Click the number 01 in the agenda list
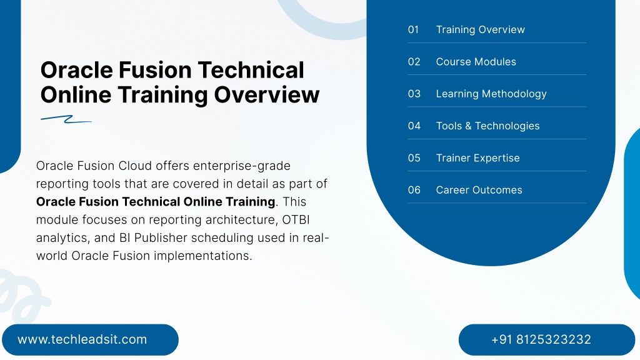pyautogui.click(x=413, y=29)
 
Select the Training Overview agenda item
pyautogui.click(x=481, y=29)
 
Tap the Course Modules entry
pyautogui.click(x=476, y=62)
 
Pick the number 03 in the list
pyautogui.click(x=414, y=94)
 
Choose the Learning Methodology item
pyautogui.click(x=491, y=94)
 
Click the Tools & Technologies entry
pyautogui.click(x=487, y=126)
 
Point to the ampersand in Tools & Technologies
pyautogui.click(x=468, y=126)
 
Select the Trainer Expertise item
pyautogui.click(x=478, y=158)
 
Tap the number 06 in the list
pyautogui.click(x=414, y=190)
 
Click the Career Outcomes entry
pyautogui.click(x=479, y=190)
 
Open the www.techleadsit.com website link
pyautogui.click(x=82, y=339)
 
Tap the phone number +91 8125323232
pyautogui.click(x=541, y=339)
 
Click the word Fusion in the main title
pyautogui.click(x=155, y=70)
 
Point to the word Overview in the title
pyautogui.click(x=266, y=95)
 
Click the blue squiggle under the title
pyautogui.click(x=66, y=119)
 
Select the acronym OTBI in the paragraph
pyautogui.click(x=296, y=219)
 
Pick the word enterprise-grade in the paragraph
pyautogui.click(x=242, y=166)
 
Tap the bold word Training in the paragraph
pyautogui.click(x=250, y=202)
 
